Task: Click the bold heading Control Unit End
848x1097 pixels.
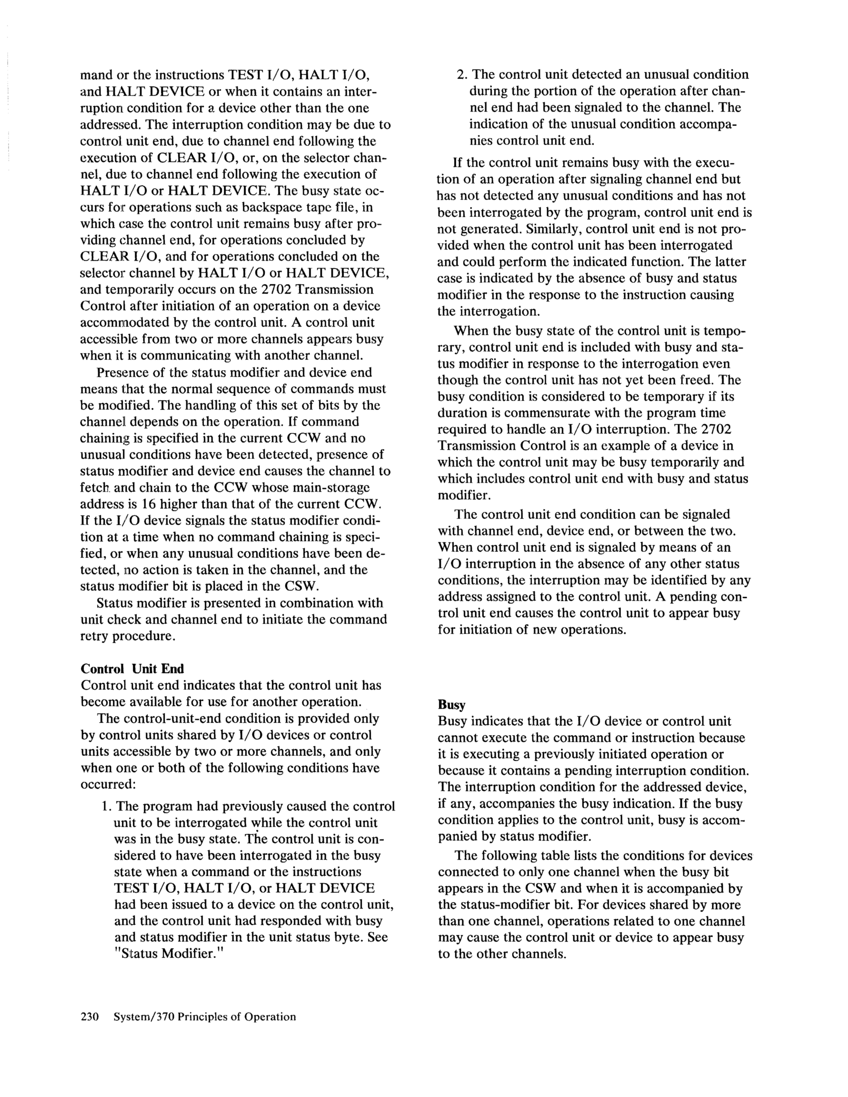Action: [132, 668]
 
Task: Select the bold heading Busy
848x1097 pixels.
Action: [451, 705]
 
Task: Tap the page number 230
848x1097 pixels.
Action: [91, 1017]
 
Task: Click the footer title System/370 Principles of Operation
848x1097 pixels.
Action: [205, 1017]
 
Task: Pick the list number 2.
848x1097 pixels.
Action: [461, 75]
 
